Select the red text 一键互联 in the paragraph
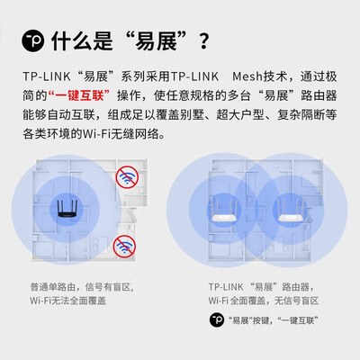tap(79, 96)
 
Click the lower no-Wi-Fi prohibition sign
tap(123, 245)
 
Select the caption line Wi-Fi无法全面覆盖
tap(67, 300)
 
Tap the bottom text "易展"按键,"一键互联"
tap(273, 319)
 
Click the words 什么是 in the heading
tap(86, 41)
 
